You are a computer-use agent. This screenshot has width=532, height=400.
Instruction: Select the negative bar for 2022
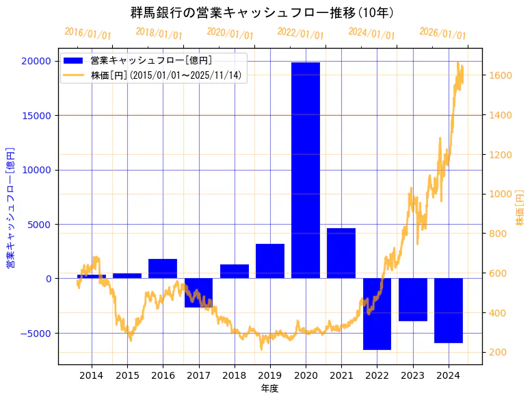coord(377,314)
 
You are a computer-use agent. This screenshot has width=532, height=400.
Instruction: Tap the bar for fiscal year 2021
coord(341,253)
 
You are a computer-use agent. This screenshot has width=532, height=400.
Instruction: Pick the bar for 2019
coord(269,261)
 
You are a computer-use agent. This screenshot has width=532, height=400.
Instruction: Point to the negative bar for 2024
coord(448,310)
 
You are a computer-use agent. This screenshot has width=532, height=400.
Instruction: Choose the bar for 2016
coord(163,268)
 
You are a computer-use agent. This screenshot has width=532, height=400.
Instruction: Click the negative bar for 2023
coord(412,299)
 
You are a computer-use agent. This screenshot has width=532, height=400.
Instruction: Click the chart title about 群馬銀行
coord(262,12)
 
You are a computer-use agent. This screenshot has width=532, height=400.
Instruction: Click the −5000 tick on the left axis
coord(37,334)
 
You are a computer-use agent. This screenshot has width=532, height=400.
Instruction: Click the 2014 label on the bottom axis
coord(92,375)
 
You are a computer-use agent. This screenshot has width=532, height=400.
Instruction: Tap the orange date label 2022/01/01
coord(300,33)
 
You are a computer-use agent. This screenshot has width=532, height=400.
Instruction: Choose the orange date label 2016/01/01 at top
coord(88,33)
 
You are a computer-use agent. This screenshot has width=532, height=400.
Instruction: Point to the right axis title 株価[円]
coord(520,209)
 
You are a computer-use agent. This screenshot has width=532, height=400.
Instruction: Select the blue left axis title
coord(10,207)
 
